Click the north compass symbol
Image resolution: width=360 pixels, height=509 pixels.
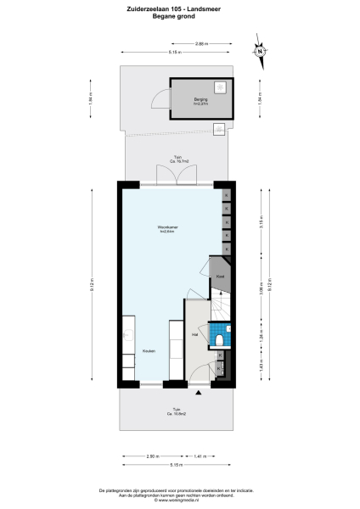(x=259, y=51)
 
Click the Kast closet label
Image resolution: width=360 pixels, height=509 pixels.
(x=219, y=277)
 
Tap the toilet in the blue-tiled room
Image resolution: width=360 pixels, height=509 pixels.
(x=220, y=339)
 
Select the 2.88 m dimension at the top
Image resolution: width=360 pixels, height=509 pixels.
(x=201, y=43)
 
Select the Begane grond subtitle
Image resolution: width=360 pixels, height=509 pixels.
(x=180, y=17)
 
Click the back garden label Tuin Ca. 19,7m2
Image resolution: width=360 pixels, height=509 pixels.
(x=177, y=159)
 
